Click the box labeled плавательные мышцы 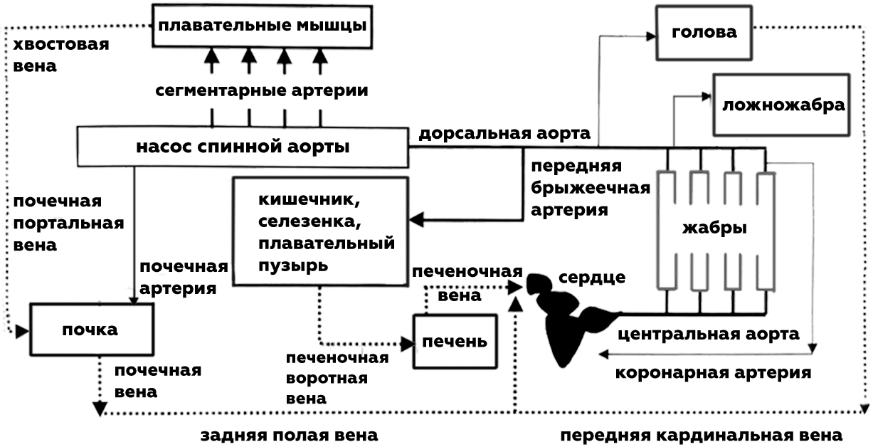point(263,26)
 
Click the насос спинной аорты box point(242,148)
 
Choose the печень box point(455,340)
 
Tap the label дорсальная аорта point(504,133)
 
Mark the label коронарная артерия point(712,372)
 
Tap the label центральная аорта point(708,334)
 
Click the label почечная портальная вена point(68,223)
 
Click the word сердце point(592,277)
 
